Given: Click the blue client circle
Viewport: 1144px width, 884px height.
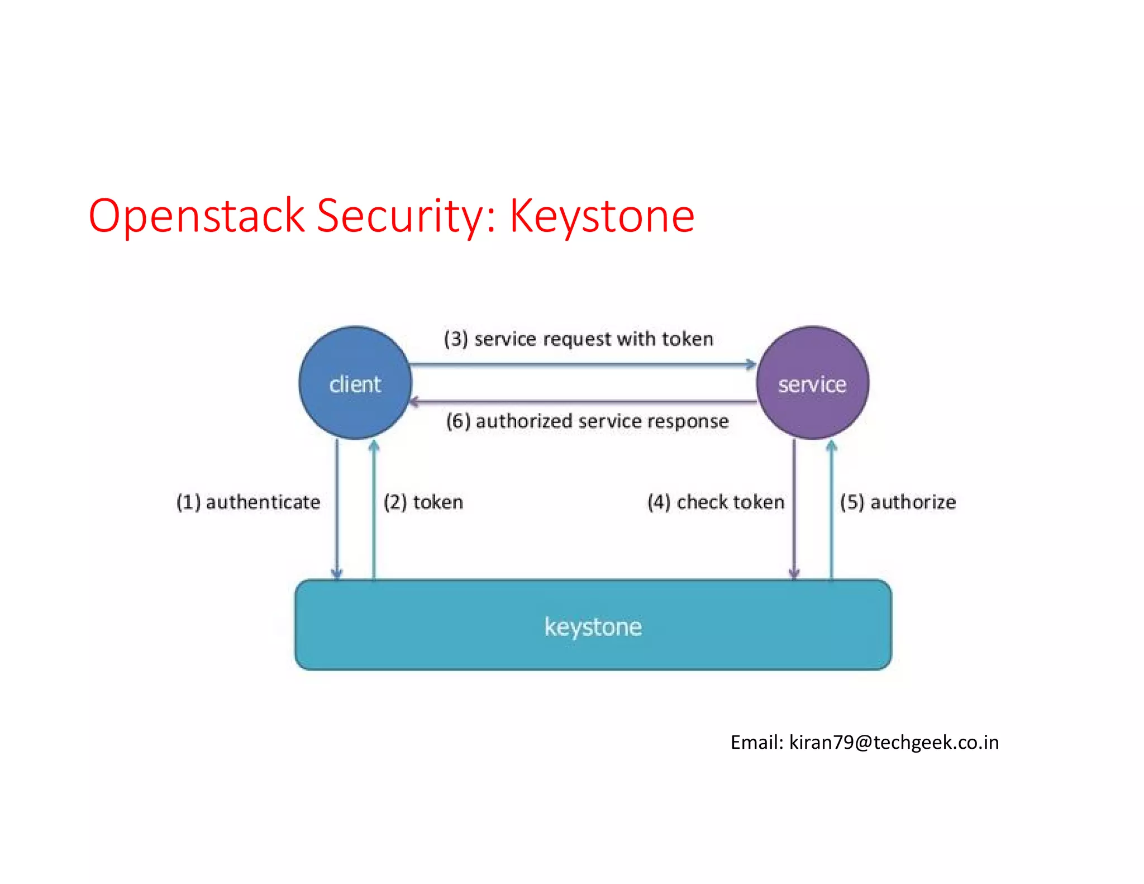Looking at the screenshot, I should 355,383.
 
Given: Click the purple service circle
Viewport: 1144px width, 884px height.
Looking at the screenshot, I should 812,383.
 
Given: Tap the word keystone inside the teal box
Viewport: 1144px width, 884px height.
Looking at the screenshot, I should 593,627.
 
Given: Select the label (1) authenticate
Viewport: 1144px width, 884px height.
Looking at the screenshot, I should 249,502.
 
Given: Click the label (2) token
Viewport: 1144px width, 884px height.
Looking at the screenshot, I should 423,502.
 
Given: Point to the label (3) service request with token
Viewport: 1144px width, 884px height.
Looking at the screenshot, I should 579,339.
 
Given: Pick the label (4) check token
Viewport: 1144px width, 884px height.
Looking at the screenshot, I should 716,502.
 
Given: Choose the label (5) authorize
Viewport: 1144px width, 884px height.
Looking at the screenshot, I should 898,502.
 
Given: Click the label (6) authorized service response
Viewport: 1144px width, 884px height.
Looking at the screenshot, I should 587,421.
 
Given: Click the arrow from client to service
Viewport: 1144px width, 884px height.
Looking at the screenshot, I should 581,365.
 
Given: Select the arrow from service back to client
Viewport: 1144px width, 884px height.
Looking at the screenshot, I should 581,401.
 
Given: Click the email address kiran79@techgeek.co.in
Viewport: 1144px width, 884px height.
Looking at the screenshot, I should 894,742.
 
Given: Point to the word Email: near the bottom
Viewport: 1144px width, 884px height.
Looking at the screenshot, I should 757,742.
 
